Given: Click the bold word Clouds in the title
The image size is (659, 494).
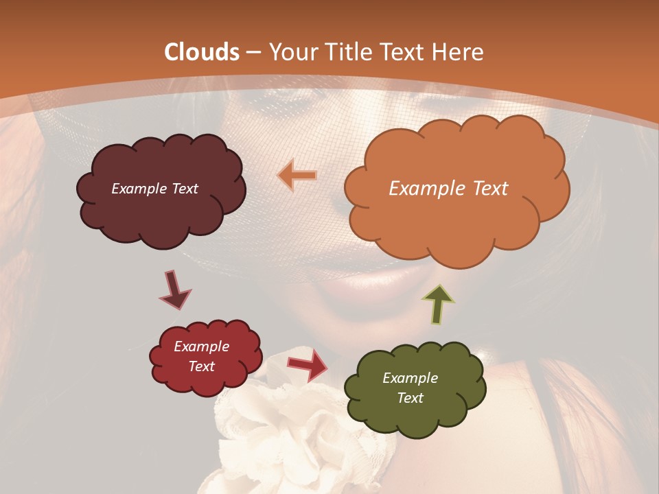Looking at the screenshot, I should tap(202, 52).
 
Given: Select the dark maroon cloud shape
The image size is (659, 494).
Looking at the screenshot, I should tap(161, 190).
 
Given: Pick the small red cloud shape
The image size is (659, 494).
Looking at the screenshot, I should tap(205, 356).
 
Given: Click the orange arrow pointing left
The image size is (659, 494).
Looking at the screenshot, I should tap(297, 176).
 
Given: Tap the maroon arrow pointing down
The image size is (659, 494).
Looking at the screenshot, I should tap(175, 290).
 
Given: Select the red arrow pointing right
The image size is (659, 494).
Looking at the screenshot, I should tap(307, 364).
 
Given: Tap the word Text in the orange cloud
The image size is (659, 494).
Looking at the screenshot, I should tap(490, 189).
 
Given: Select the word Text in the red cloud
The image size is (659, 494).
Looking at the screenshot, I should tap(202, 366).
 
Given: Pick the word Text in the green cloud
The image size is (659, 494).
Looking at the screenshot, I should tap(410, 398).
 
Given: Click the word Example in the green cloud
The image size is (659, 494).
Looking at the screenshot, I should tap(410, 378).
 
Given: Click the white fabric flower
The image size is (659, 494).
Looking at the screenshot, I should tap(275, 425).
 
